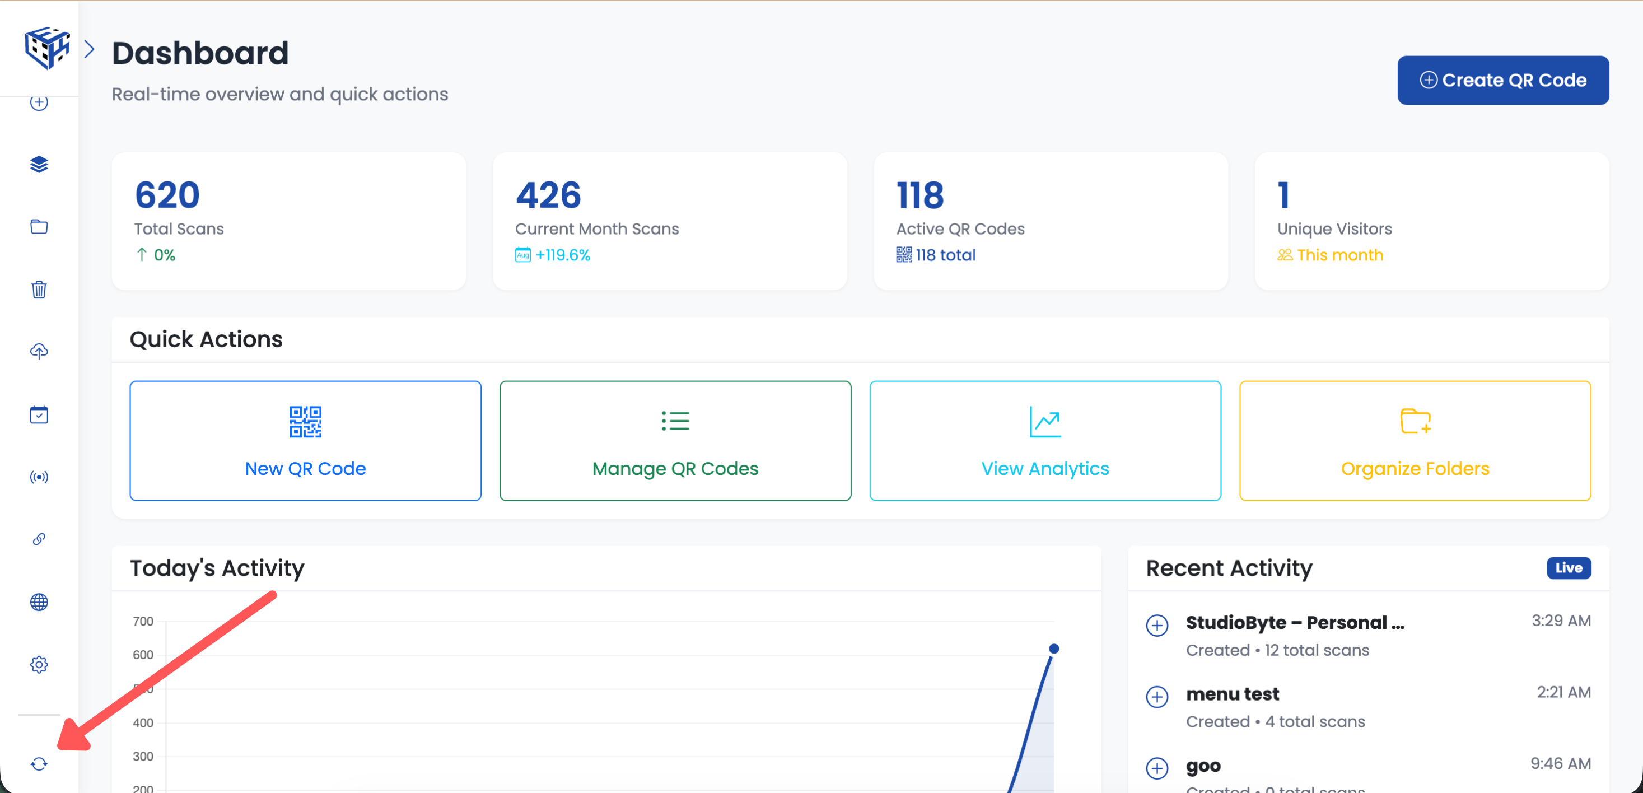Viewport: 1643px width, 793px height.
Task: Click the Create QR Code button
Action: (x=1502, y=81)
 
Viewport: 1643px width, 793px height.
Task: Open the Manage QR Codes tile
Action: (x=675, y=441)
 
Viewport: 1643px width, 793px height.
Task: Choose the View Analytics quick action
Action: (x=1045, y=441)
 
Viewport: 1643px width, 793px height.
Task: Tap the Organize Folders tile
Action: (x=1414, y=441)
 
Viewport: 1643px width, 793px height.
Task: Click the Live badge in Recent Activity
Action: (x=1568, y=568)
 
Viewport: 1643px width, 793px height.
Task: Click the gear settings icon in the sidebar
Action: (x=39, y=665)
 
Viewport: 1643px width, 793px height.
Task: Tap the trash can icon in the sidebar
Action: (x=39, y=290)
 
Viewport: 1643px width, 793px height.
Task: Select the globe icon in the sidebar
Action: (x=39, y=602)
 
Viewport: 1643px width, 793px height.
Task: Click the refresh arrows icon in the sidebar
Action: (x=39, y=764)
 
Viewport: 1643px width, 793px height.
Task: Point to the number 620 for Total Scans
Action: (x=167, y=195)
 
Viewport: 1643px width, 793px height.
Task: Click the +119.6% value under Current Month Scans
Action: (x=563, y=255)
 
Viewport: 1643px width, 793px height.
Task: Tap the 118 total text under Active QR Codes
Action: (x=945, y=255)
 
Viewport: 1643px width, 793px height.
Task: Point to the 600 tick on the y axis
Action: (x=143, y=655)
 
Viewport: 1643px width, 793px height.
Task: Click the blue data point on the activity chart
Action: (x=1054, y=649)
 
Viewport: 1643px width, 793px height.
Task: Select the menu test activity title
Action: (x=1232, y=694)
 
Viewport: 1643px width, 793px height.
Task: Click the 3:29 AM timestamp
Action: (x=1561, y=621)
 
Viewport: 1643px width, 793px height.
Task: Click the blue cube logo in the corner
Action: (x=46, y=47)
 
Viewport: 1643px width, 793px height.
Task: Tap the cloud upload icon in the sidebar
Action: (x=39, y=352)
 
